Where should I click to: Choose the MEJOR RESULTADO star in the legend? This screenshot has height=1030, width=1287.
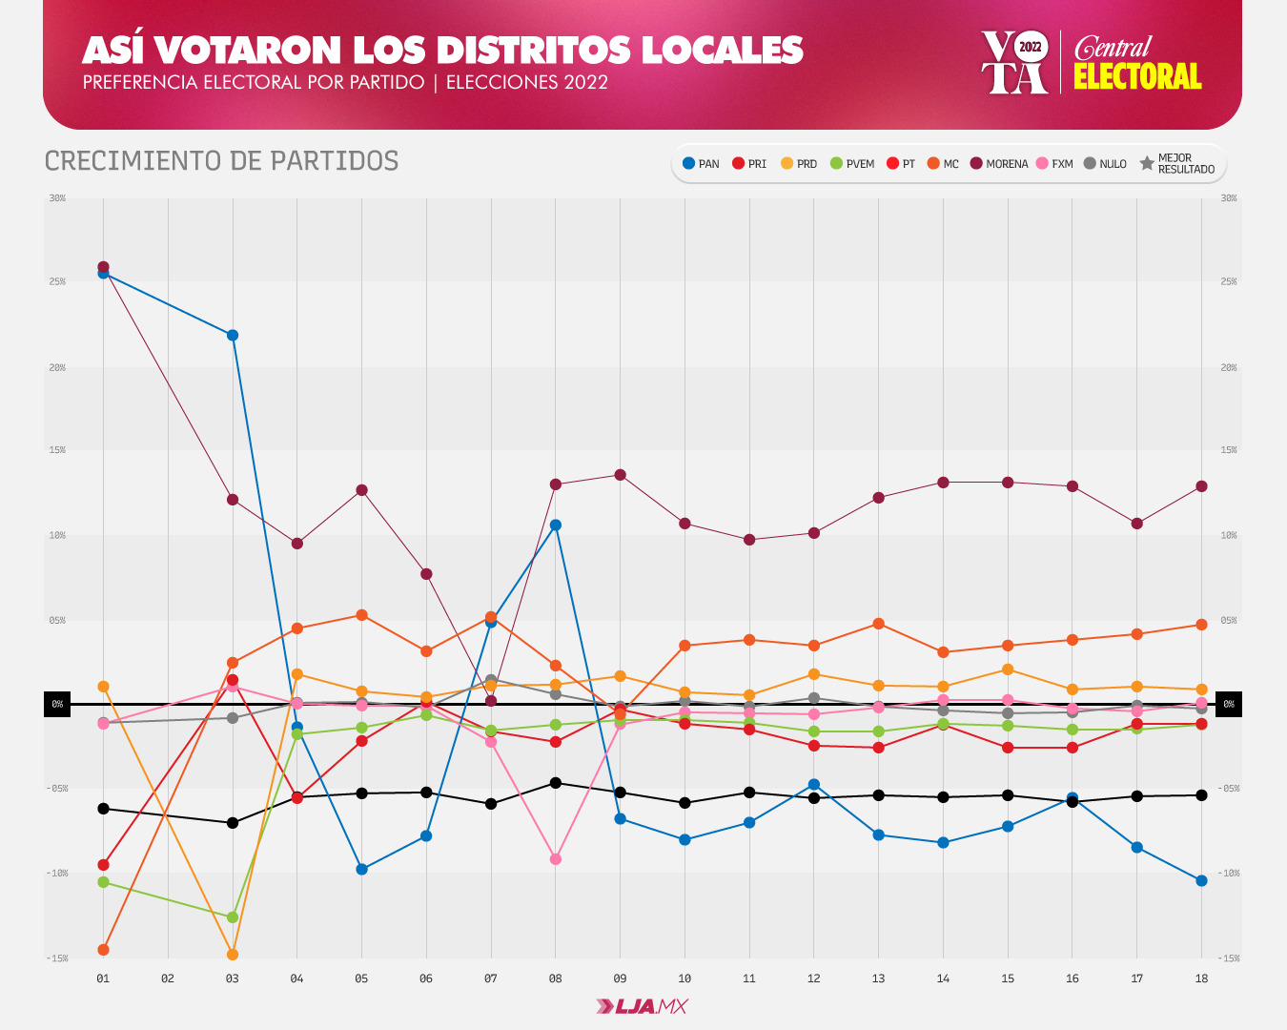[1147, 164]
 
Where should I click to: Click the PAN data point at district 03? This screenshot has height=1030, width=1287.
[233, 335]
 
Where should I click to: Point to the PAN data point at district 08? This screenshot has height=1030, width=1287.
[556, 525]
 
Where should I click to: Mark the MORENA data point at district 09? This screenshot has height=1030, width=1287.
[620, 475]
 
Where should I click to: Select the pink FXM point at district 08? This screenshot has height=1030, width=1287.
[556, 859]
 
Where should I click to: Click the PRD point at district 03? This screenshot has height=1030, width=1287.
[233, 955]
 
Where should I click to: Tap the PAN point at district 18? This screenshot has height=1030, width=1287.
[1201, 880]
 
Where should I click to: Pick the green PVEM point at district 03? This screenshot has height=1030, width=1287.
[233, 917]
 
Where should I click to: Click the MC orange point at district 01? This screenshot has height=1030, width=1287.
[103, 950]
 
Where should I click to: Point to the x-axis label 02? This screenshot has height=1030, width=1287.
[168, 978]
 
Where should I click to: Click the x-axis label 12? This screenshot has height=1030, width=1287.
[813, 978]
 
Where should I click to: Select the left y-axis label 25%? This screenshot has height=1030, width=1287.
[57, 282]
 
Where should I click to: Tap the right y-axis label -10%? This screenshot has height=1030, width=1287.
[1229, 874]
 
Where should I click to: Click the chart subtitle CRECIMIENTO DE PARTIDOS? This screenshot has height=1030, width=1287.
[221, 161]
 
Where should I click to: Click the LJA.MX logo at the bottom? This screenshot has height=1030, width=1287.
[642, 1006]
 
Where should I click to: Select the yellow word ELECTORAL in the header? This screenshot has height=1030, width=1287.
[1136, 76]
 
